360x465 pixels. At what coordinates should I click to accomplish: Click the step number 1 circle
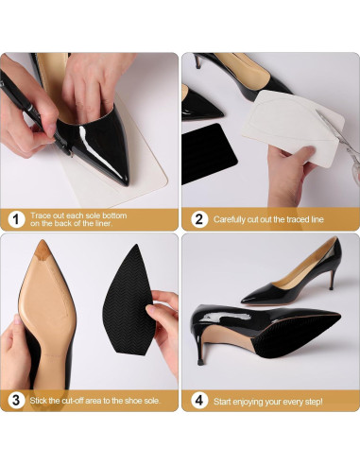15,219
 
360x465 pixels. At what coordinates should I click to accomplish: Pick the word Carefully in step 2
230,219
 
